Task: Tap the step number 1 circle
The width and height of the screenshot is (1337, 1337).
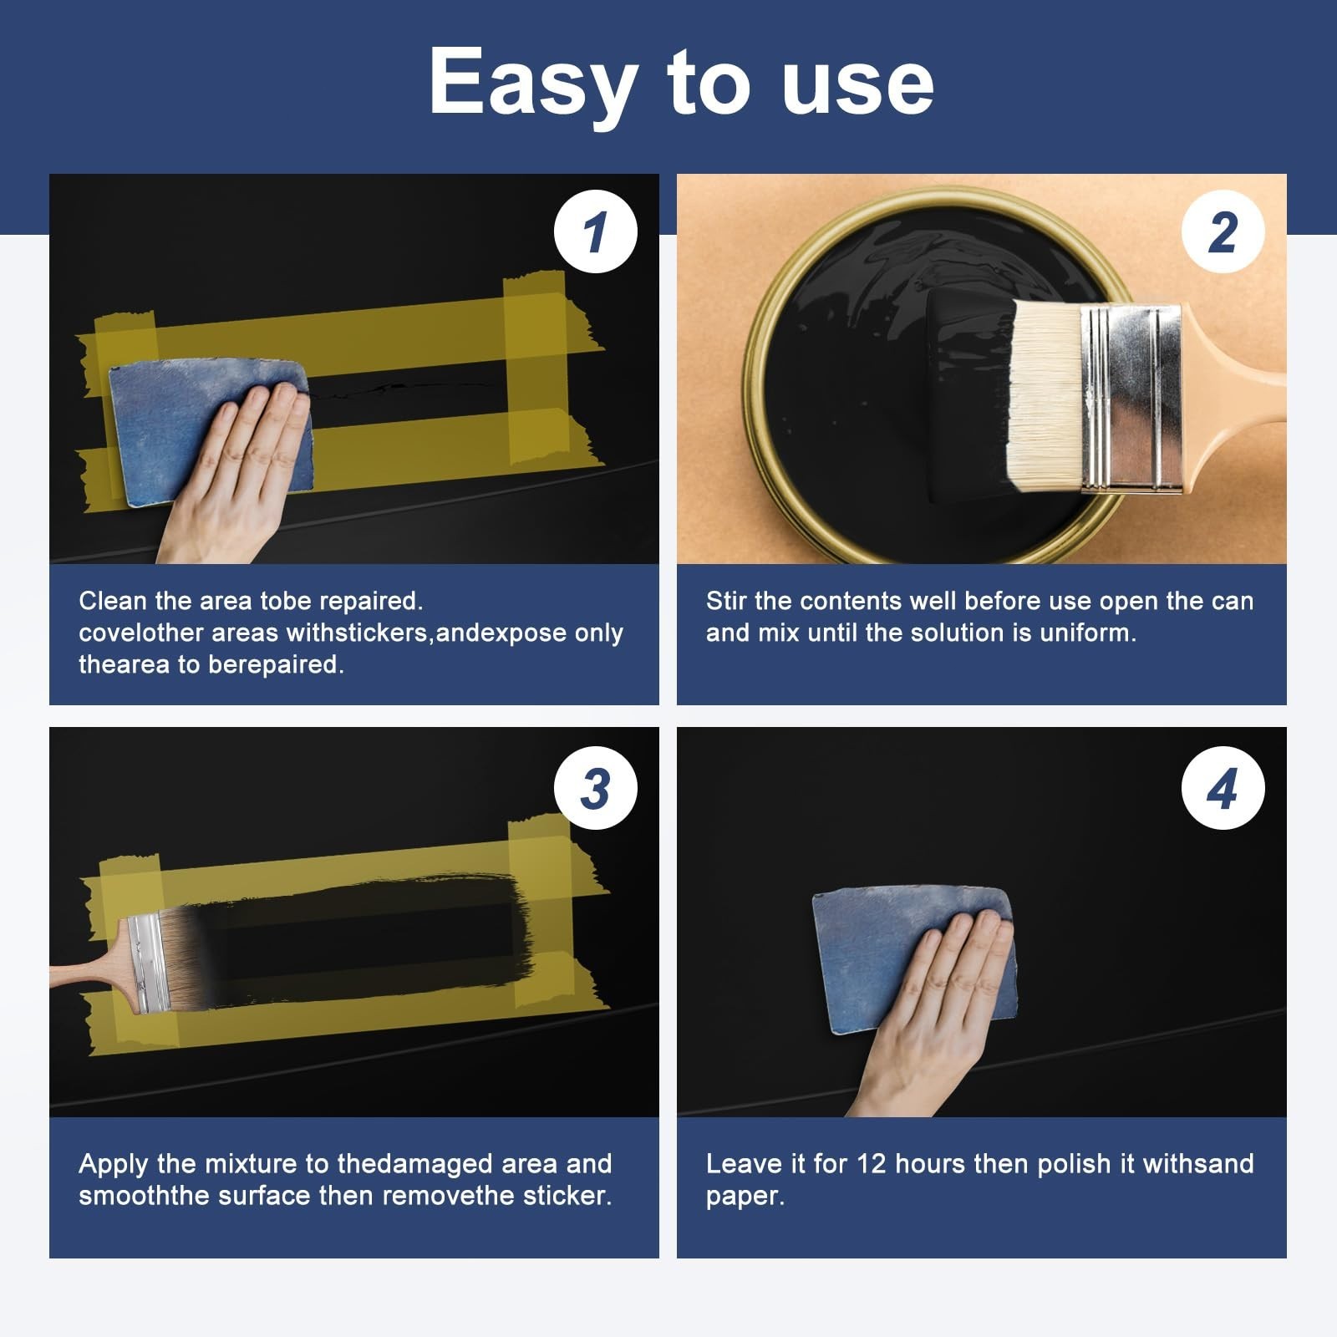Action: (x=596, y=231)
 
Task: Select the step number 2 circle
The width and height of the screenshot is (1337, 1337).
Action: (x=1223, y=231)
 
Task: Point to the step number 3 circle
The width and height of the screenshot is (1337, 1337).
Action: (x=596, y=788)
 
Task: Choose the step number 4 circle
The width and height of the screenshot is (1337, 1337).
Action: (x=1223, y=788)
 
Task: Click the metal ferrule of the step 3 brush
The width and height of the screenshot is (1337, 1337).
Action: (x=147, y=963)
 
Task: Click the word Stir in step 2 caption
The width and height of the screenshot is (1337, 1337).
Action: (x=726, y=601)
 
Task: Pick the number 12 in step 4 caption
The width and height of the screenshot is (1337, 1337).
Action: (x=871, y=1164)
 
